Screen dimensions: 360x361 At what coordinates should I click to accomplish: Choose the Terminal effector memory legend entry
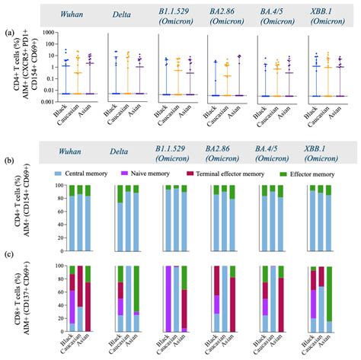pyautogui.click(x=232, y=175)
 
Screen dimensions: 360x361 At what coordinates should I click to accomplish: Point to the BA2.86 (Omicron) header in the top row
pyautogui.click(x=231, y=13)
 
